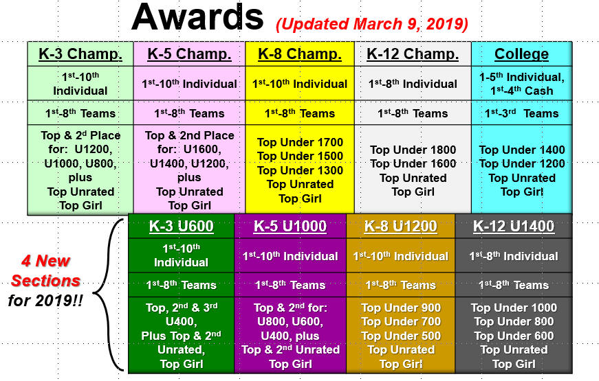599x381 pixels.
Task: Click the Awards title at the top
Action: click(x=197, y=17)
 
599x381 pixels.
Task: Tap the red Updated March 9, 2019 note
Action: click(x=371, y=24)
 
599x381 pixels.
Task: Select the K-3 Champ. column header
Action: click(x=80, y=54)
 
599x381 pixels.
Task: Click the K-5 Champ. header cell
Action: click(x=189, y=54)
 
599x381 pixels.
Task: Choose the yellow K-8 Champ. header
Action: click(x=300, y=54)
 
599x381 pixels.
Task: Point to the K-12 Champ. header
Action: click(x=413, y=54)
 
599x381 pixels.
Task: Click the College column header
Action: click(x=521, y=54)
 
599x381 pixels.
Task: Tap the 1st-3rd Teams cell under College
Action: click(x=521, y=113)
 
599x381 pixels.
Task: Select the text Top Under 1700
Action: click(x=300, y=142)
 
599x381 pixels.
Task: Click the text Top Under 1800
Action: click(x=413, y=150)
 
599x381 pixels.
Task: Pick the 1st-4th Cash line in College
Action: click(x=522, y=91)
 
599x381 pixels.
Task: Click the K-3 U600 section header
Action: click(x=181, y=226)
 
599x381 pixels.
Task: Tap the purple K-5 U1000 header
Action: click(x=290, y=226)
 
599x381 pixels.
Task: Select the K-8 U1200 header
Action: click(x=400, y=226)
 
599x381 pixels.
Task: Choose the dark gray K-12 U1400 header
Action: click(x=514, y=226)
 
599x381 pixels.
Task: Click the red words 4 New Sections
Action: click(x=45, y=270)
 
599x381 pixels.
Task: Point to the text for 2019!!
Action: click(x=45, y=301)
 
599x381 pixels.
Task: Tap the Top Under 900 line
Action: click(x=401, y=308)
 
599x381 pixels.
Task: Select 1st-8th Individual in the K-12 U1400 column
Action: click(x=514, y=256)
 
